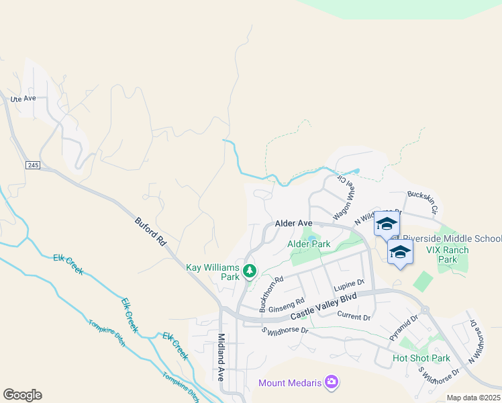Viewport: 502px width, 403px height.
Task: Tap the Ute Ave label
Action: click(x=23, y=99)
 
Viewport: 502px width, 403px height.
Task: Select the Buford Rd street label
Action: click(x=150, y=230)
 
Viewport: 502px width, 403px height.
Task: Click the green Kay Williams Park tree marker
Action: click(x=250, y=271)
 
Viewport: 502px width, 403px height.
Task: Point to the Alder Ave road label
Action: click(x=293, y=223)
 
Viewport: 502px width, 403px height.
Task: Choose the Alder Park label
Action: click(x=309, y=244)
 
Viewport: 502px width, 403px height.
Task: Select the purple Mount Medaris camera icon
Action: click(x=332, y=383)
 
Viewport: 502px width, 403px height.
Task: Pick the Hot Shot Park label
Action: click(x=421, y=358)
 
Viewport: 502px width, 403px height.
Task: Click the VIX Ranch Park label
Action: click(x=448, y=255)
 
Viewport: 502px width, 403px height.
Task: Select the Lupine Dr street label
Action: click(x=349, y=284)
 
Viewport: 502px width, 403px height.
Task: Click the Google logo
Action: click(x=22, y=395)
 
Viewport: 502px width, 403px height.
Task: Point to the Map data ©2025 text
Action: click(x=472, y=398)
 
